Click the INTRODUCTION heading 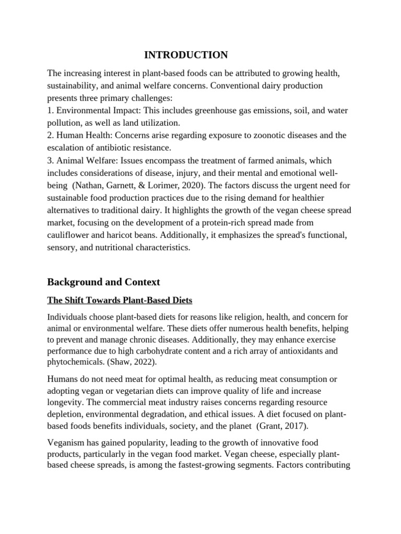(186, 55)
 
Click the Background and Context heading (103, 282)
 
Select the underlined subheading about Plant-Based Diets (120, 300)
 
